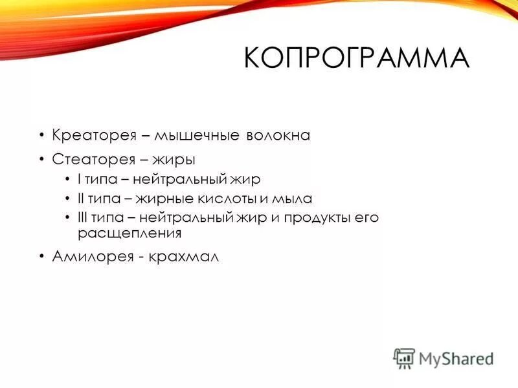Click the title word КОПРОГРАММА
tap(355, 59)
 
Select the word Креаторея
tap(93, 136)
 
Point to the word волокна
tap(278, 136)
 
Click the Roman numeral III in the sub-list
tap(83, 218)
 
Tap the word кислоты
tap(235, 199)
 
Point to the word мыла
tap(293, 199)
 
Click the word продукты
tap(311, 218)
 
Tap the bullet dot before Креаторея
tap(41, 136)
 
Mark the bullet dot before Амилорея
tap(41, 256)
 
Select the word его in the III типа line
tap(366, 218)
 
